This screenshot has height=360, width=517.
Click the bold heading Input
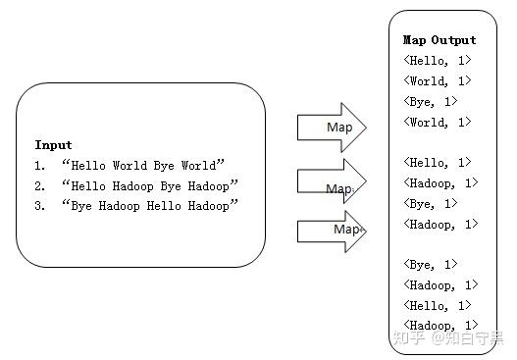click(54, 144)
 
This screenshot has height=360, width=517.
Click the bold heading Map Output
click(439, 40)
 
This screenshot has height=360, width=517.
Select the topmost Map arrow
click(334, 128)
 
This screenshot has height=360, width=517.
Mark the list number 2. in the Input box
click(40, 185)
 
